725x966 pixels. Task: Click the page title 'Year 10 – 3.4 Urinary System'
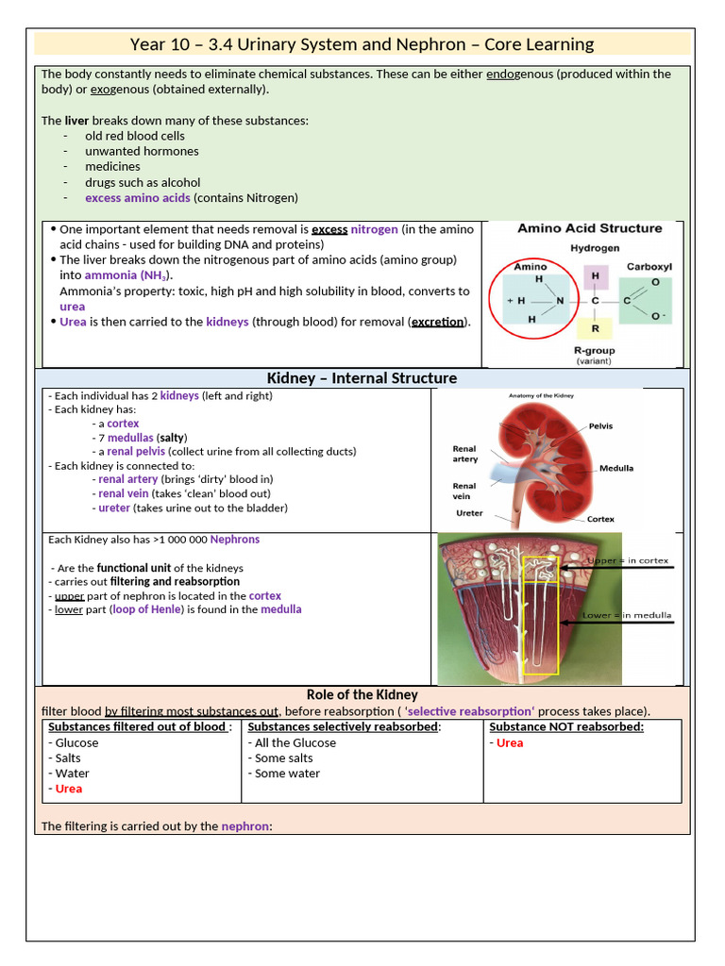click(362, 44)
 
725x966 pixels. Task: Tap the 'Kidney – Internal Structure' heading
click(362, 378)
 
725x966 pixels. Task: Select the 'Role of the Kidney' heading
click(362, 695)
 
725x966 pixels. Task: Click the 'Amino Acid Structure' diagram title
click(589, 228)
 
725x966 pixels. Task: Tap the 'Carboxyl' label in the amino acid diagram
click(649, 267)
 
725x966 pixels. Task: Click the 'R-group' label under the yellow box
click(595, 350)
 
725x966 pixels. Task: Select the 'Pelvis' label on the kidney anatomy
click(600, 426)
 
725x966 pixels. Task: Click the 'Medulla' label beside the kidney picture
click(615, 468)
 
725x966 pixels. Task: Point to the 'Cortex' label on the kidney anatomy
click(600, 519)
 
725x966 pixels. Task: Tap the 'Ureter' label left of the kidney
click(469, 513)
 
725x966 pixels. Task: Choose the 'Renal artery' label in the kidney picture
click(465, 454)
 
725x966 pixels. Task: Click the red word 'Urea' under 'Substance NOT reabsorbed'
click(510, 742)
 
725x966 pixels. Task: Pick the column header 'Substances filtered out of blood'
click(138, 726)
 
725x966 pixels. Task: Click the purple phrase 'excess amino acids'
click(138, 198)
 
